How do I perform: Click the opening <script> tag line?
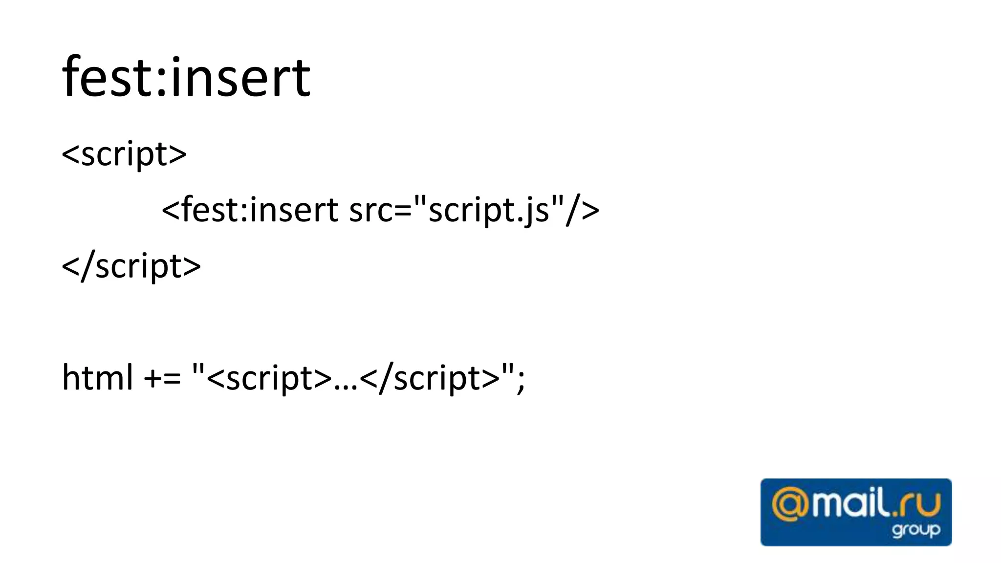pyautogui.click(x=124, y=154)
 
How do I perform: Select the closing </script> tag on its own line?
pyautogui.click(x=131, y=266)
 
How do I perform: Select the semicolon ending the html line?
pyautogui.click(x=521, y=379)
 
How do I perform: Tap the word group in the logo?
pyautogui.click(x=915, y=530)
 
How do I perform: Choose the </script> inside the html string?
pyautogui.click(x=430, y=379)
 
